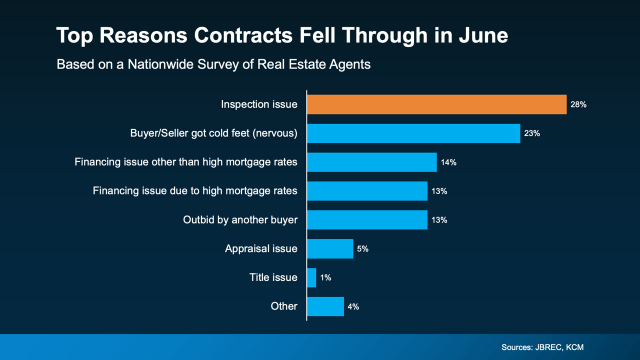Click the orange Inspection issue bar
[x=436, y=104]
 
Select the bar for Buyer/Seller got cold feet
[x=413, y=133]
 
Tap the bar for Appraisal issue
[x=330, y=248]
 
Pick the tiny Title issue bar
[x=311, y=277]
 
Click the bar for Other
[x=325, y=306]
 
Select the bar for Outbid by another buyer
[x=367, y=220]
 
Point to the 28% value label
[x=578, y=105]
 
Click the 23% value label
[x=532, y=133]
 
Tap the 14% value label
[x=448, y=162]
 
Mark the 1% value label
[x=325, y=277]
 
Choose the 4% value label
[x=353, y=306]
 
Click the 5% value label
[x=362, y=248]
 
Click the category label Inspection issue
[x=259, y=104]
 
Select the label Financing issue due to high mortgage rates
[x=195, y=191]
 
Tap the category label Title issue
[x=273, y=277]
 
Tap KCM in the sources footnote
[x=575, y=347]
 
